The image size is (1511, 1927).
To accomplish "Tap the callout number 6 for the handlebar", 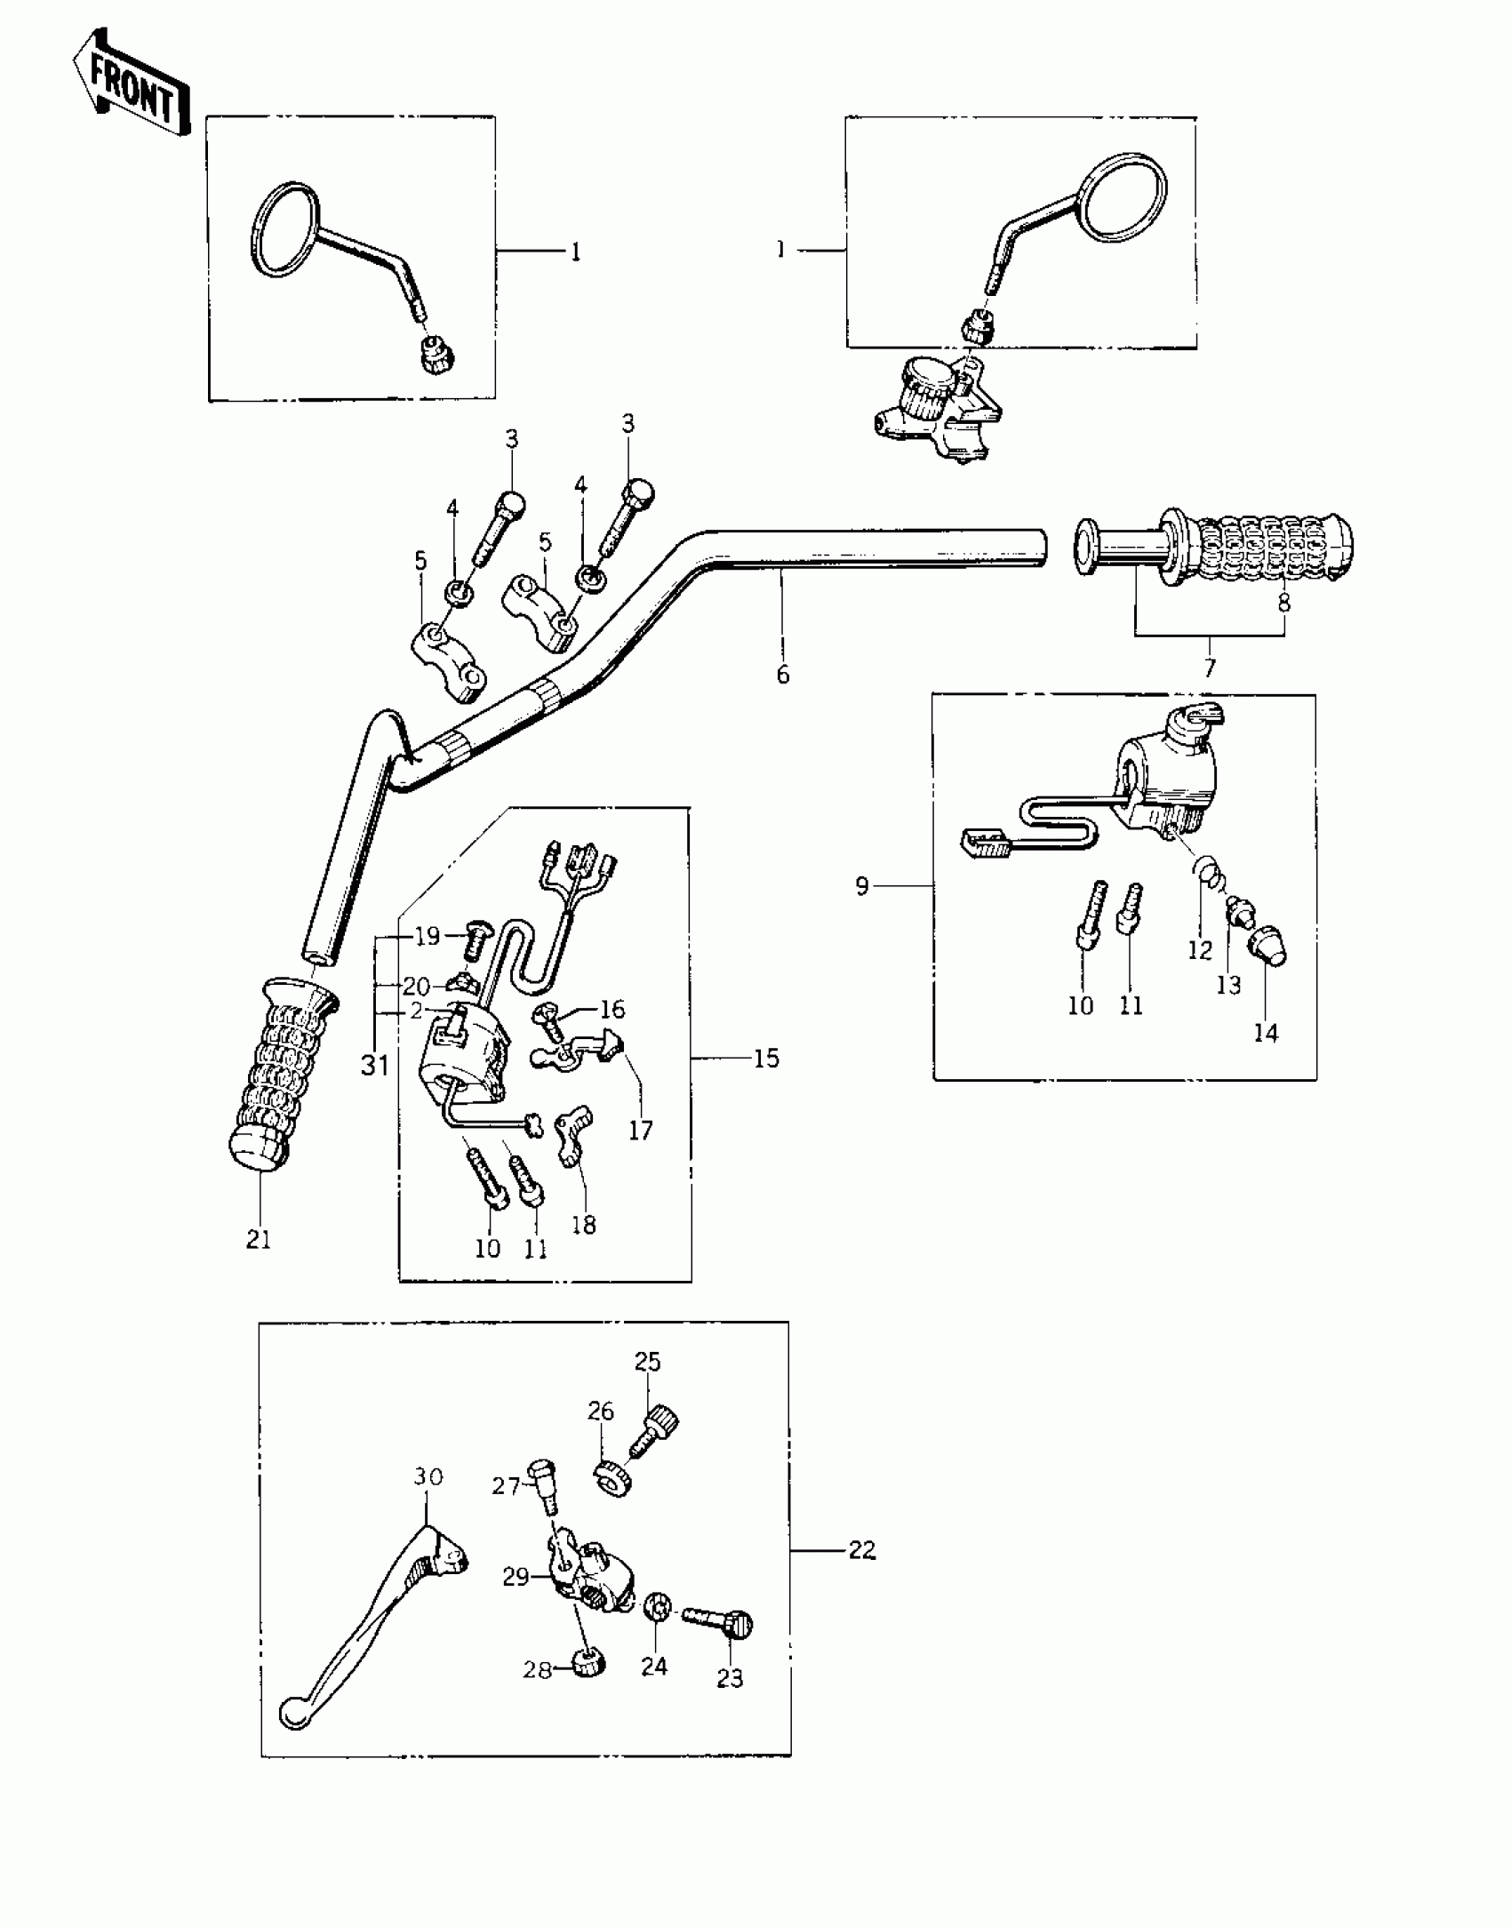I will tap(782, 675).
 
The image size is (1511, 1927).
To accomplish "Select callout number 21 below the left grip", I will tap(259, 1239).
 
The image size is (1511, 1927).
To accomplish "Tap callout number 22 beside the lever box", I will tap(861, 1550).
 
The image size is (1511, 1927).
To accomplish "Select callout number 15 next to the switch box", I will tap(765, 1058).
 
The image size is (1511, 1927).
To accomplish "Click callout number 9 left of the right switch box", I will tap(861, 886).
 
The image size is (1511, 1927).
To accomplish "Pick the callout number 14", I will tap(1266, 1033).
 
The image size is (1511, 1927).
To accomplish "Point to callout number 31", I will tap(375, 1065).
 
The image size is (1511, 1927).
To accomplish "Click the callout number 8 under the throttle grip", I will tap(1283, 602).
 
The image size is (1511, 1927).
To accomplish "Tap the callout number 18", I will tap(584, 1225).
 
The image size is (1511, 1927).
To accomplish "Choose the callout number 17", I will tap(640, 1130).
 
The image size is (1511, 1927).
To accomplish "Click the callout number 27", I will tap(506, 1485).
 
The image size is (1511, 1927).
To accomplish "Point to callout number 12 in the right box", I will tap(1200, 949).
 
